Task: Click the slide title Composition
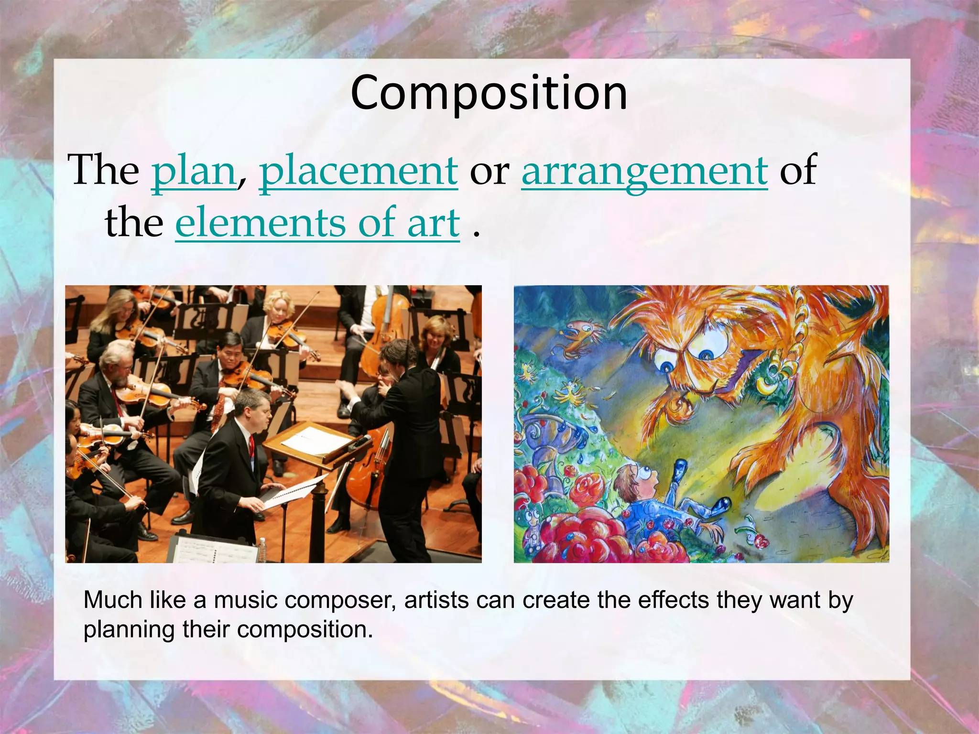pyautogui.click(x=489, y=93)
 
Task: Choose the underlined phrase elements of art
pyautogui.click(x=317, y=223)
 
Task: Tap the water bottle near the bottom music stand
pyautogui.click(x=262, y=550)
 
